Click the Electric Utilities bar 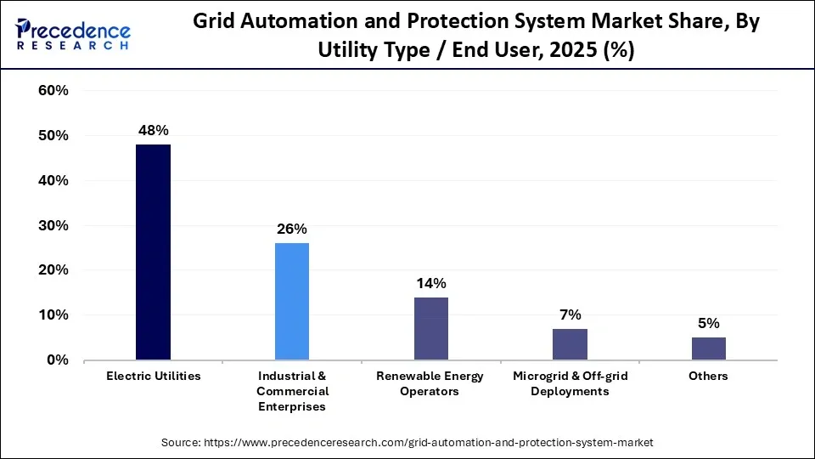153,252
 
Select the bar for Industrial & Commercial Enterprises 292,301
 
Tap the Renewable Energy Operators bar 430,328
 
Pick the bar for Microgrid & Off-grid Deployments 570,343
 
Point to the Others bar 709,348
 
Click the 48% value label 153,130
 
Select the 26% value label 292,229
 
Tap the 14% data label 430,283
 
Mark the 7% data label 570,314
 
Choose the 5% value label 709,323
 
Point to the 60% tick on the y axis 53,91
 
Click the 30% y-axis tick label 53,225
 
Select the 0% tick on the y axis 57,360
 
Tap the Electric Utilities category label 153,376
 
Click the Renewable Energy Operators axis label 430,383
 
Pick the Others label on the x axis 709,376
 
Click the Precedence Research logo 72,34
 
